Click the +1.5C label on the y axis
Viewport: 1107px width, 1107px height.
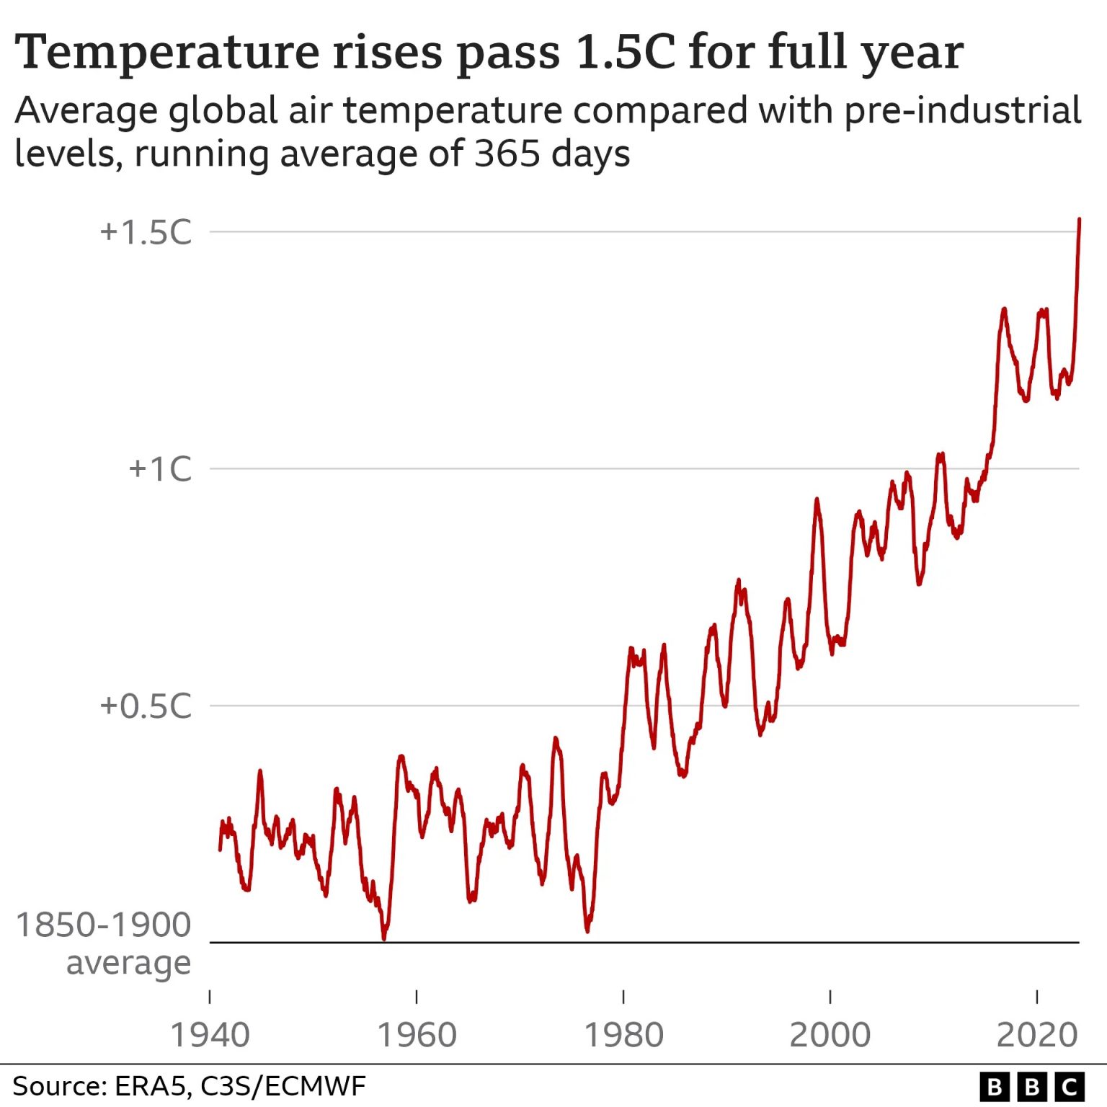pos(146,233)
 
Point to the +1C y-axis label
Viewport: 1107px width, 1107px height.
pos(160,469)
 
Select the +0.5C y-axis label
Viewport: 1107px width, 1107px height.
pos(146,706)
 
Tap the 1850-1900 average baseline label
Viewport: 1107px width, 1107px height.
pos(104,943)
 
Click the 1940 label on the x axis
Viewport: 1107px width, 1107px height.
pos(210,1035)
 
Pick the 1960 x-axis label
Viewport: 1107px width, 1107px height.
pos(417,1035)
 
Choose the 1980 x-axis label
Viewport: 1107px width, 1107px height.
pos(623,1035)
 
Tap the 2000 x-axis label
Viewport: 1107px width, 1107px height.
pos(830,1035)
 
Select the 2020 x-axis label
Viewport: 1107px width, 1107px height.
pos(1037,1035)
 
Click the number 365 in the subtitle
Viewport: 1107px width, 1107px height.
pos(507,154)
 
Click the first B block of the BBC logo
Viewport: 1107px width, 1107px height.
pos(995,1087)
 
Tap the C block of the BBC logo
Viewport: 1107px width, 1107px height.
pos(1070,1087)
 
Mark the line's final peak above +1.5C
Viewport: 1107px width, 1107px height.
pos(1079,219)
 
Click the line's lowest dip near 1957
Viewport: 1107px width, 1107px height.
pos(384,938)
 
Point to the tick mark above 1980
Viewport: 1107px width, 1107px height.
pos(623,997)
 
